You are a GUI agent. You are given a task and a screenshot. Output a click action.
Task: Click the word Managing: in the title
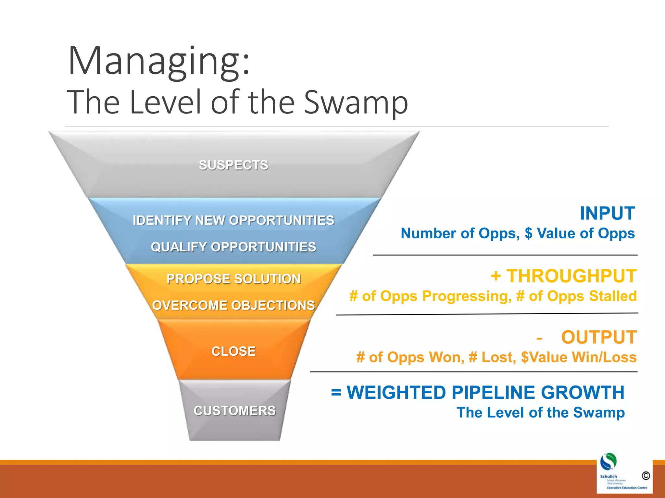159,62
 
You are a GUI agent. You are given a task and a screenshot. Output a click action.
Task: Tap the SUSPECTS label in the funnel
233,165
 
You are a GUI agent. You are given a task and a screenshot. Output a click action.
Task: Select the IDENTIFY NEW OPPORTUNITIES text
233,220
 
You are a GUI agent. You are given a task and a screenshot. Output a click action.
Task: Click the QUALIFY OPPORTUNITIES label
233,247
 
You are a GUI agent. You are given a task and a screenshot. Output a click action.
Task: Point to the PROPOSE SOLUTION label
233,279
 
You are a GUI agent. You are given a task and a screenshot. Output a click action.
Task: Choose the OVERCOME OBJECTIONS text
233,305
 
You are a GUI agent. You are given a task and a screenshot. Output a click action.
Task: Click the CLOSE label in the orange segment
233,351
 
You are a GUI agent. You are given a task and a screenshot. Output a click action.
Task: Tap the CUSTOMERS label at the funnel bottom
234,411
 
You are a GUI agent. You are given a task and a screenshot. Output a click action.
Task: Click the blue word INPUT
607,213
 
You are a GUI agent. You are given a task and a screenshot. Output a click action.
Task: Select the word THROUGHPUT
571,276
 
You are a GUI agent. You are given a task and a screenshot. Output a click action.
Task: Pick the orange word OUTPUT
599,337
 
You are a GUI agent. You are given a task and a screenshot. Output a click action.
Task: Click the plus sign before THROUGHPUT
496,276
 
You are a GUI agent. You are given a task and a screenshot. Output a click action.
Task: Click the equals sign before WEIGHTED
336,393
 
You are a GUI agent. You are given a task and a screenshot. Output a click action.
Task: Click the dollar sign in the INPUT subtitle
528,233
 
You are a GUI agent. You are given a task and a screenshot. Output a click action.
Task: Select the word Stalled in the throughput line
613,296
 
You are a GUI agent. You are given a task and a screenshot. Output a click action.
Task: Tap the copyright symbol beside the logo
646,476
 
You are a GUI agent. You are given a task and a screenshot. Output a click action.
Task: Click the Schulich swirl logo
608,461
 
